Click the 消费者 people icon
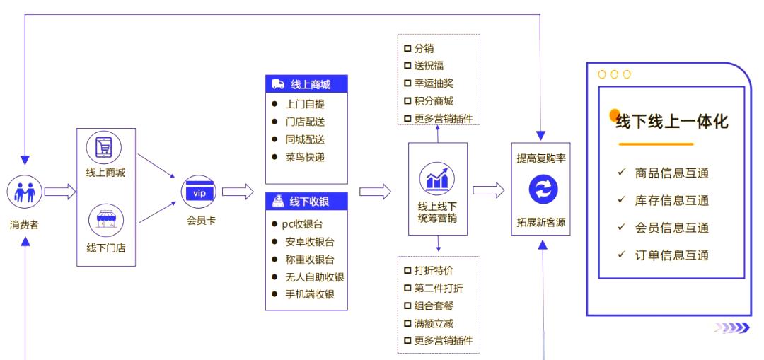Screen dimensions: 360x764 [x=25, y=191]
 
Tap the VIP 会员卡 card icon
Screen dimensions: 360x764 [x=199, y=192]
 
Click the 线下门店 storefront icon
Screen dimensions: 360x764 [x=105, y=221]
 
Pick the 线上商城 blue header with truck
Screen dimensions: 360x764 [x=306, y=84]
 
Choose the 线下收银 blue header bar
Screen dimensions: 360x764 [x=306, y=202]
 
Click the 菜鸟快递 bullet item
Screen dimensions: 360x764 [x=305, y=157]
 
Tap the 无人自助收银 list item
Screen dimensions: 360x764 [x=314, y=277]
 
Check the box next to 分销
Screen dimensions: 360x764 [x=407, y=49]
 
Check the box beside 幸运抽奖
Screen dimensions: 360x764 [x=407, y=83]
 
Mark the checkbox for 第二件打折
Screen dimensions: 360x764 [x=407, y=289]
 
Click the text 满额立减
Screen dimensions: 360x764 [x=434, y=324]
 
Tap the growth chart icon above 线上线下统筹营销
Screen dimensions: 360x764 [x=437, y=179]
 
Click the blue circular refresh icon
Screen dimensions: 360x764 [x=543, y=190]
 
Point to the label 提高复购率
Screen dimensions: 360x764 [x=541, y=158]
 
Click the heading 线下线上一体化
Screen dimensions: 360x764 [x=671, y=121]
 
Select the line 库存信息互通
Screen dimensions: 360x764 [x=671, y=200]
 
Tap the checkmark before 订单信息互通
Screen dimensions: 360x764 [x=621, y=254]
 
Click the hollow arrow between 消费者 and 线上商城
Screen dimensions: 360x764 [x=60, y=192]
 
